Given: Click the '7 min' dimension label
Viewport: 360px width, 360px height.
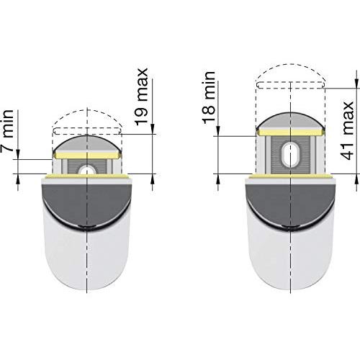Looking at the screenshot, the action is coord(7,130).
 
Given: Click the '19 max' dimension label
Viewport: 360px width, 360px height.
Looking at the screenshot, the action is coord(141,96).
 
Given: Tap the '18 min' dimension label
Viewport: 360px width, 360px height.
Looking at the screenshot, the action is coord(209,98).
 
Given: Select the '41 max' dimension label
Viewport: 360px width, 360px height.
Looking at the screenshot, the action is coord(347,130).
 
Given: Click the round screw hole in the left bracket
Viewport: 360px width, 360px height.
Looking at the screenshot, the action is coord(87,171).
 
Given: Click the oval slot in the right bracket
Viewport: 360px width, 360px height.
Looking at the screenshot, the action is coord(291,155).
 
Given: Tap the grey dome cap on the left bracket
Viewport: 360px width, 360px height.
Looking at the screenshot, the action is coord(87,144).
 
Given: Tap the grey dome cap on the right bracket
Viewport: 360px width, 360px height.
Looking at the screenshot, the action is coord(291,121).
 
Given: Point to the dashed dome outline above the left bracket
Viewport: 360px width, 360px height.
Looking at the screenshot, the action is coord(87,110).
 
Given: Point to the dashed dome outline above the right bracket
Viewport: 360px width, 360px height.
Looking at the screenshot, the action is coord(291,65).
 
